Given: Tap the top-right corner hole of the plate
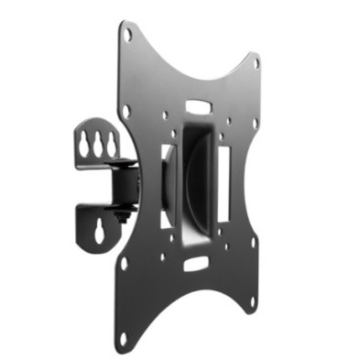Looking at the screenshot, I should point(256,63).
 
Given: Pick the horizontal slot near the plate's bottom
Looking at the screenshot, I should point(195,264).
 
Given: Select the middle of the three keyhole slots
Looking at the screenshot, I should point(96,144).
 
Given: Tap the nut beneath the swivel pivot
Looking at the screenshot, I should point(120,217).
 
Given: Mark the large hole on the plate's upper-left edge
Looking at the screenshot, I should point(125,110).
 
